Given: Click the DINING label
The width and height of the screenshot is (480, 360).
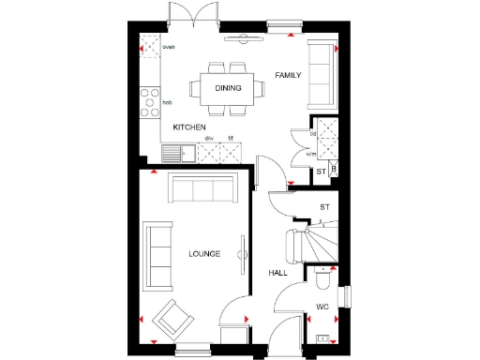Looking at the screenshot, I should click(x=228, y=88).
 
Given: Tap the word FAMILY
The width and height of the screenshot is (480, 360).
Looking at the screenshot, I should click(x=288, y=74).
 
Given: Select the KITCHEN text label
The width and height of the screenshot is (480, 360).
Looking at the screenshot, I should click(x=189, y=126).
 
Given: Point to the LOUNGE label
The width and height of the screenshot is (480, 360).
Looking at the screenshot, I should click(x=203, y=253).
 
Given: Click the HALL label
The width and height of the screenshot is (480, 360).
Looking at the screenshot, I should click(x=278, y=272).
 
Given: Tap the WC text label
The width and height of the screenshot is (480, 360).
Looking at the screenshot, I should click(x=322, y=307).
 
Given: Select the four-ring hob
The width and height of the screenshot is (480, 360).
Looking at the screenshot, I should click(x=148, y=101).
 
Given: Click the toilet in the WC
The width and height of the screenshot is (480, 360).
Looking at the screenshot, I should click(x=322, y=278).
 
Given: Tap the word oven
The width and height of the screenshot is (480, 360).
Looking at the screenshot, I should click(x=169, y=47).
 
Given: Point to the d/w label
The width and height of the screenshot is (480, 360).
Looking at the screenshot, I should click(x=209, y=139).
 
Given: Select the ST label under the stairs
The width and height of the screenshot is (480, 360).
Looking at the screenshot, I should click(x=325, y=206).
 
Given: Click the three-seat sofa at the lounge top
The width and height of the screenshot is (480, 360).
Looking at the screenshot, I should click(x=201, y=190).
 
